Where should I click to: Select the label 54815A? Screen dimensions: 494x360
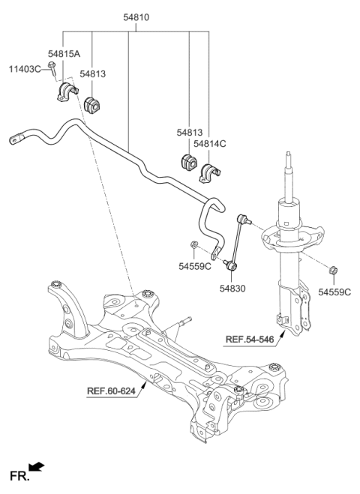point(64,54)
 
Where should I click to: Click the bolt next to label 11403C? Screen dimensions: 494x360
point(52,68)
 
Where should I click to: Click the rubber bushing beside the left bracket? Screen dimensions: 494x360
point(93,104)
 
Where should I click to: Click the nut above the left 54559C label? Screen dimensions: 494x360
point(194,244)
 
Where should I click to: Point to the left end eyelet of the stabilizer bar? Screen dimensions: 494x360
point(15,138)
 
